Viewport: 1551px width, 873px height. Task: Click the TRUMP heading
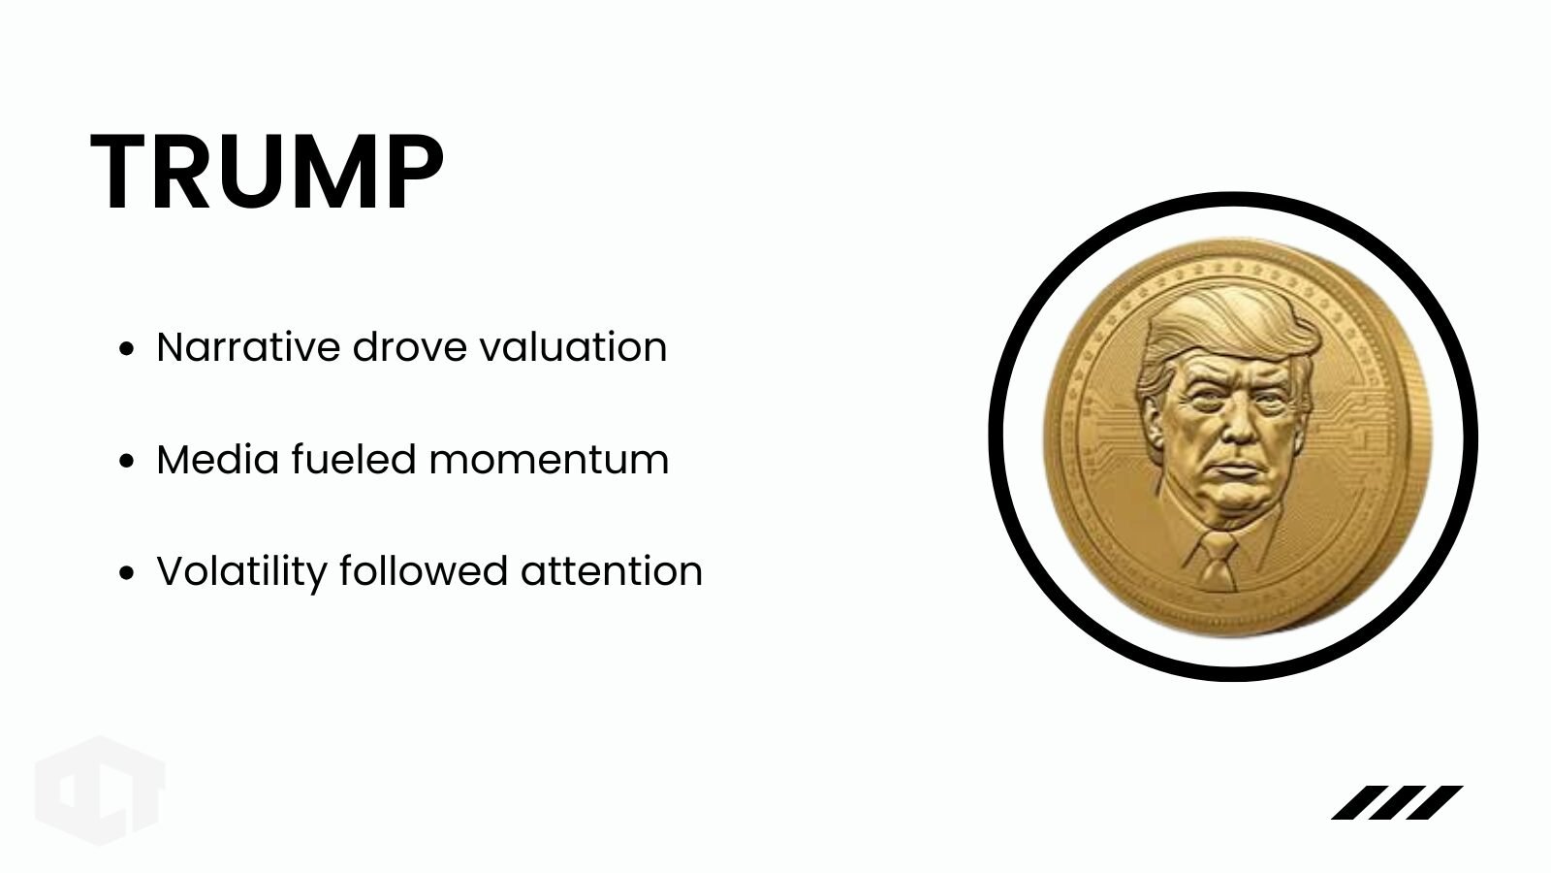[x=268, y=171]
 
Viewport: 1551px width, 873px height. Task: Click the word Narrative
[x=248, y=346]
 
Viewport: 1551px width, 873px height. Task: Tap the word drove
[x=410, y=346]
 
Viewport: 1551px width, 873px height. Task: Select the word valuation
[x=573, y=346]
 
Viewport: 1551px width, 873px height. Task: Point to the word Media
[x=218, y=459]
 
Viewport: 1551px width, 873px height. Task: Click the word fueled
[x=354, y=459]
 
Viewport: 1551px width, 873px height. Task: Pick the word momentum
[x=549, y=461]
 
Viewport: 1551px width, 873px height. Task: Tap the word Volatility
[x=241, y=572]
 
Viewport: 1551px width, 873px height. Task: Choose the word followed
[x=424, y=571]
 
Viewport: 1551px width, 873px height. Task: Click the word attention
[x=612, y=572]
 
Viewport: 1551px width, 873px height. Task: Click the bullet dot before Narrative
[x=126, y=348]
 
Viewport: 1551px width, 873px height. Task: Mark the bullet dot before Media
[x=126, y=461]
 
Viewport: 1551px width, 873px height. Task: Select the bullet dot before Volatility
[x=126, y=573]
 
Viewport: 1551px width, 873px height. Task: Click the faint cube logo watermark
[x=100, y=791]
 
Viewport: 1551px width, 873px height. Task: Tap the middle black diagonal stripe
[x=1397, y=802]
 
